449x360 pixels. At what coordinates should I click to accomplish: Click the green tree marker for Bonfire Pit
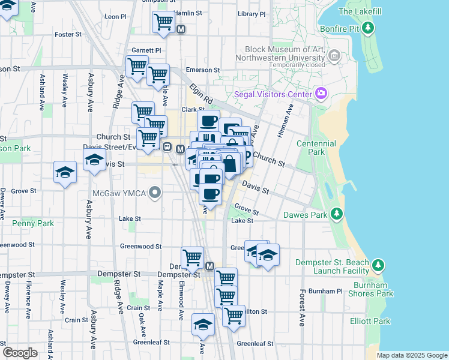(x=369, y=28)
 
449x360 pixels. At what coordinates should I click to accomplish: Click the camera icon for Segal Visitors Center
(x=322, y=94)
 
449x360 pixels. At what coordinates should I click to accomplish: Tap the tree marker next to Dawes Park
(x=337, y=214)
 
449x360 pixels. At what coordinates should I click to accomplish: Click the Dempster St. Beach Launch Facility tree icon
(x=378, y=265)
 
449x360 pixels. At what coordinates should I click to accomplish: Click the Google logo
(x=20, y=352)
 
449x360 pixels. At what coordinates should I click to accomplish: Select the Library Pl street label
(x=251, y=13)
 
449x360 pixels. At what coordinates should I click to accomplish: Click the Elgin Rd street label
(x=201, y=93)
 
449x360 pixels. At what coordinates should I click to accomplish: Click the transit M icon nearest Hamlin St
(x=181, y=29)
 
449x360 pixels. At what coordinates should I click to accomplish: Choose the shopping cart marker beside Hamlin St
(x=163, y=22)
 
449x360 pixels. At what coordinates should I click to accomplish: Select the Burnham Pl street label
(x=330, y=291)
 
